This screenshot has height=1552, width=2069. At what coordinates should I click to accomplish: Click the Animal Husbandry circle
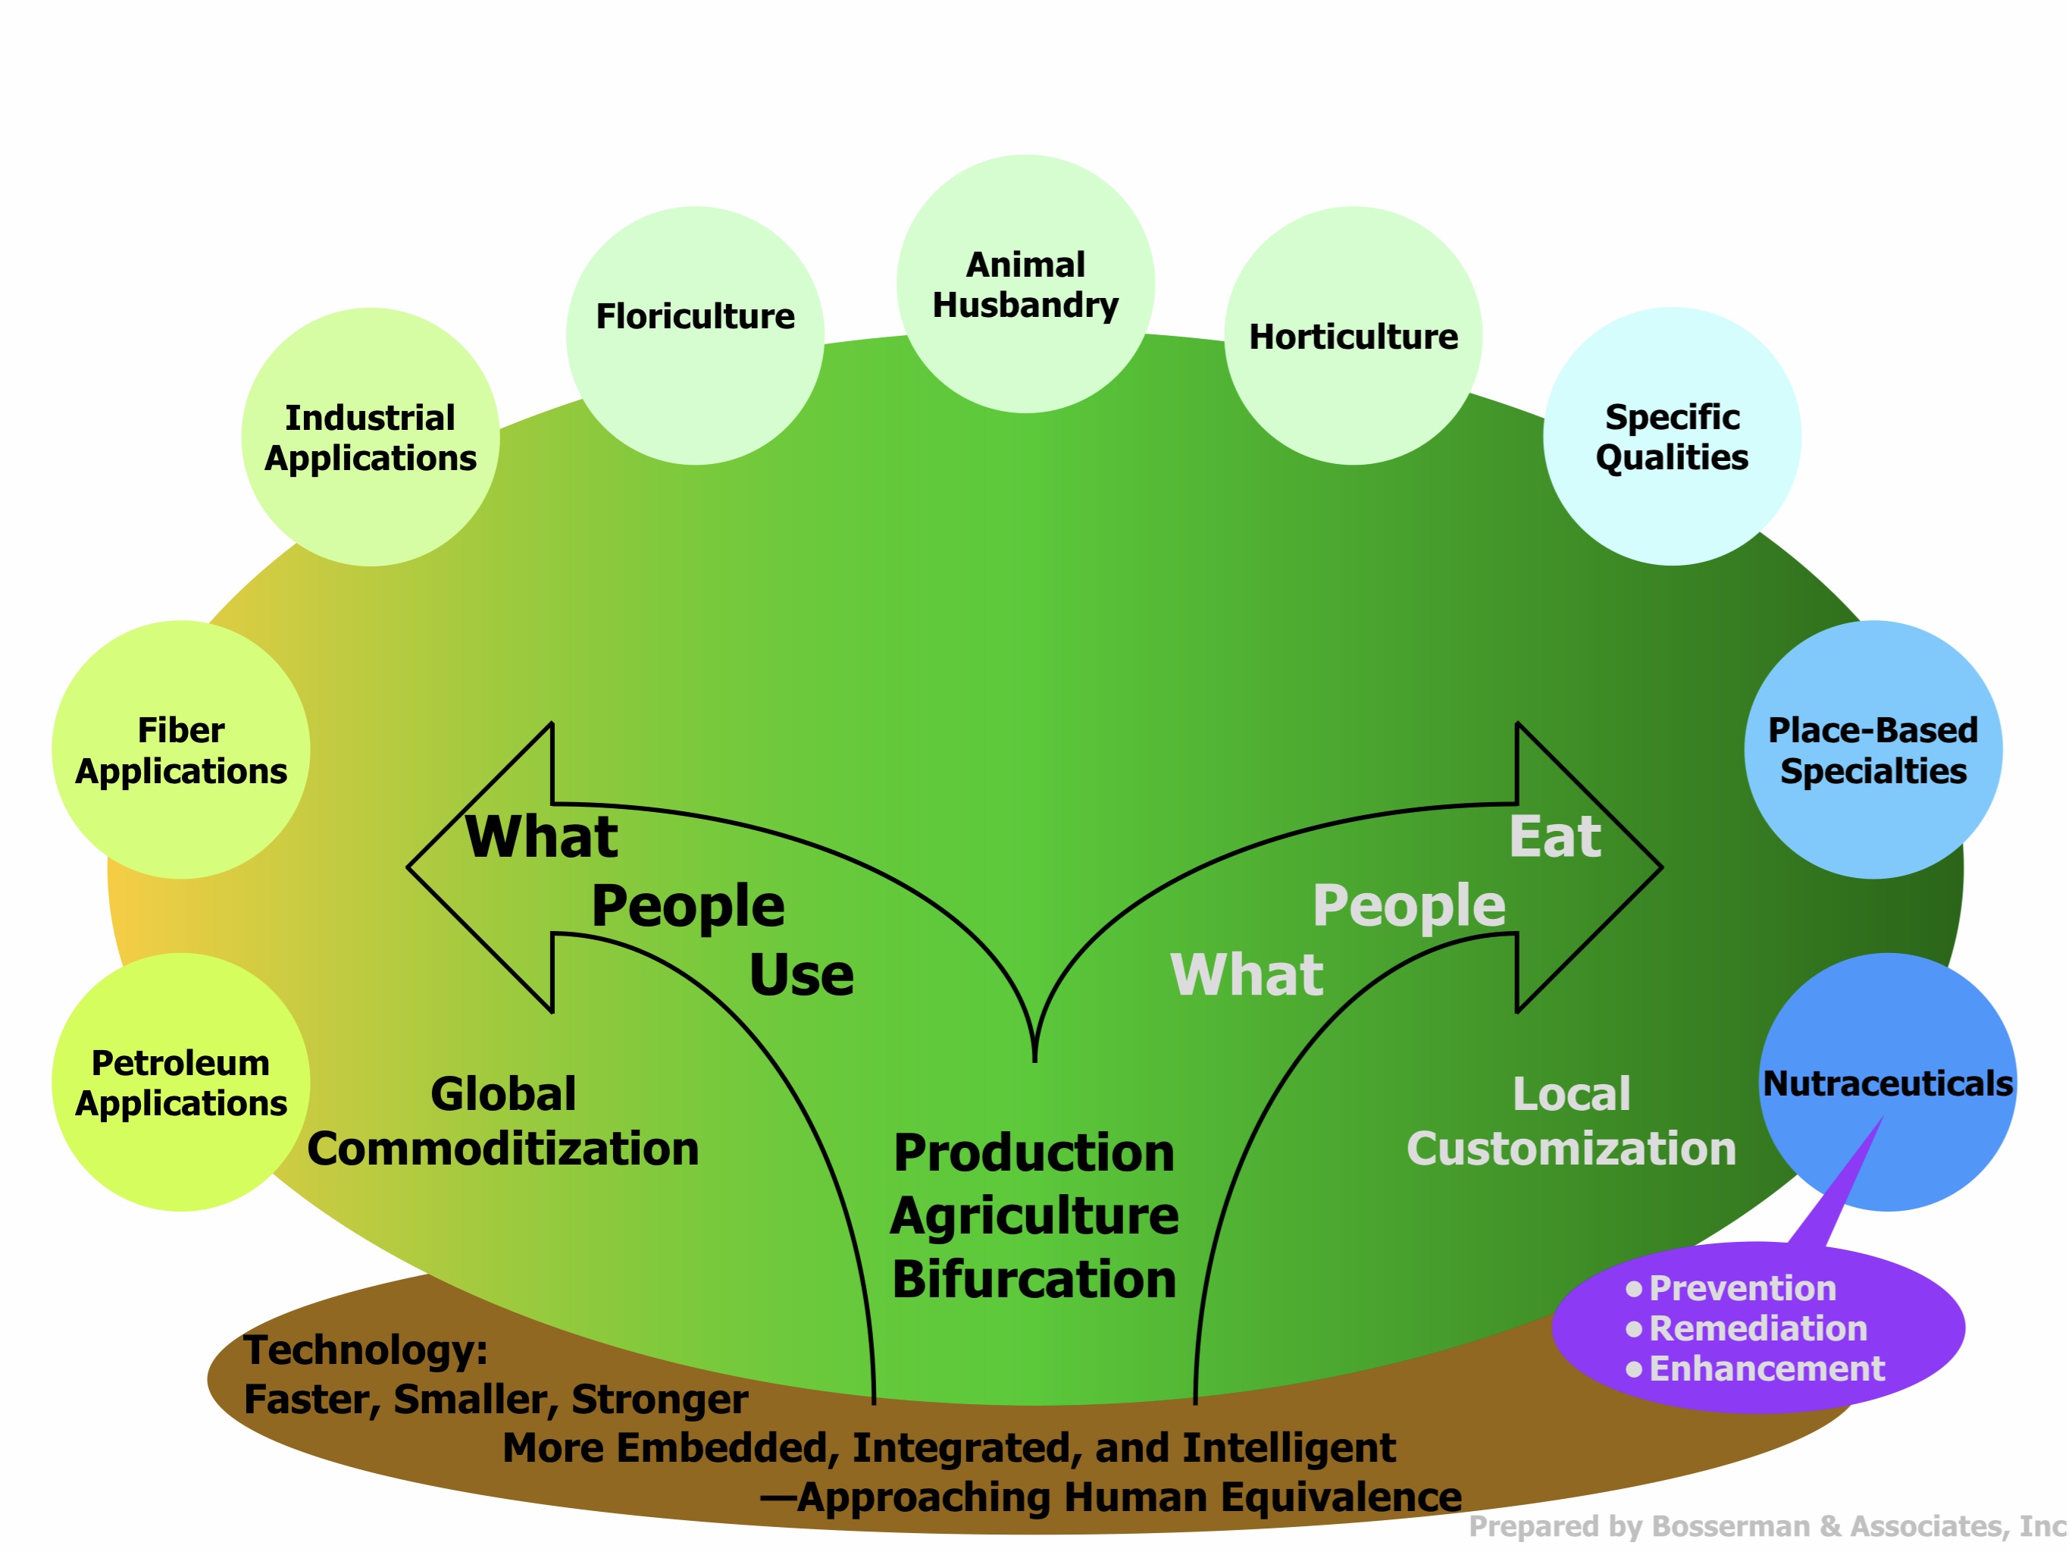click(1025, 284)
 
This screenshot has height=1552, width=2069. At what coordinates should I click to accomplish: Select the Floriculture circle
click(695, 335)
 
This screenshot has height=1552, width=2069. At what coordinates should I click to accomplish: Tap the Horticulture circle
click(1353, 336)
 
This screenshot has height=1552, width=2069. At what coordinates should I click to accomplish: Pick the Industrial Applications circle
click(371, 437)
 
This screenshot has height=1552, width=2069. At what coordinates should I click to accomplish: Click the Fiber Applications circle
click(180, 749)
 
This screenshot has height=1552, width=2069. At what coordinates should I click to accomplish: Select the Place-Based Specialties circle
click(1873, 749)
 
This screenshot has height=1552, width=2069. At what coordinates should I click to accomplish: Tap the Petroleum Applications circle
click(180, 1083)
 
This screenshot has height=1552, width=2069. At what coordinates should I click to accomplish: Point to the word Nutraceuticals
click(1888, 1083)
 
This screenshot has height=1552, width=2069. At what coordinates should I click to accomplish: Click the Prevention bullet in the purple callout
click(1741, 1288)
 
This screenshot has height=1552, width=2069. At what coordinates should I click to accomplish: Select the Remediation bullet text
click(1758, 1328)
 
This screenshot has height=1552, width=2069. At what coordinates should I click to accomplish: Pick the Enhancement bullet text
click(1766, 1369)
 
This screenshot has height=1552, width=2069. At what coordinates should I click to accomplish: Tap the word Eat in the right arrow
click(1554, 836)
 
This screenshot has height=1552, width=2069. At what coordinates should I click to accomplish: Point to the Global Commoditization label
click(503, 1121)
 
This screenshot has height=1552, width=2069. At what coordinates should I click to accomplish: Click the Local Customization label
click(1571, 1121)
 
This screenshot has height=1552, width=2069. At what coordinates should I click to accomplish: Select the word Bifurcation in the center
click(1034, 1279)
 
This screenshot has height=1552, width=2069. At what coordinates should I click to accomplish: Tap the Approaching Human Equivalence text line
click(1110, 1497)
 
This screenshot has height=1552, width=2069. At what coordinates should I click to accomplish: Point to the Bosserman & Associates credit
click(1766, 1525)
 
